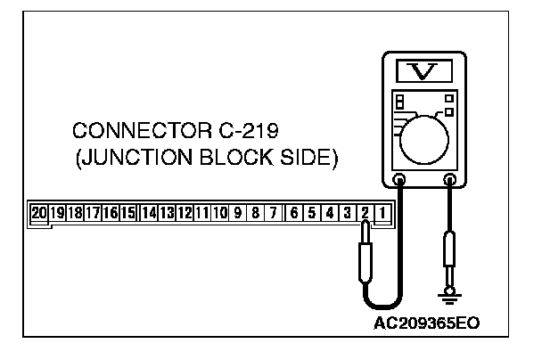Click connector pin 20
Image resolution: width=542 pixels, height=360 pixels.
tap(39, 213)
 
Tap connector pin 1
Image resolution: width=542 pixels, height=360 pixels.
tap(382, 213)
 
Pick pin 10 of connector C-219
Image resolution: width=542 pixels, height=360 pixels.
tap(220, 213)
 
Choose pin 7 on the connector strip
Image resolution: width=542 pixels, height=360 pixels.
tap(274, 213)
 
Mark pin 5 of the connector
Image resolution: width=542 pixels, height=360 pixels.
tap(313, 213)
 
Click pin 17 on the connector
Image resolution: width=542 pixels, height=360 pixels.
tap(93, 213)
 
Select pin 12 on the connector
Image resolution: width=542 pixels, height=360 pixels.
tap(185, 213)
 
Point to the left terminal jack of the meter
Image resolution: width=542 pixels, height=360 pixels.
tap(398, 180)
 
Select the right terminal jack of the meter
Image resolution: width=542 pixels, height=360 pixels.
tap(450, 180)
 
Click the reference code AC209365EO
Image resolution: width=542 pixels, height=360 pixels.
tap(432, 322)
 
